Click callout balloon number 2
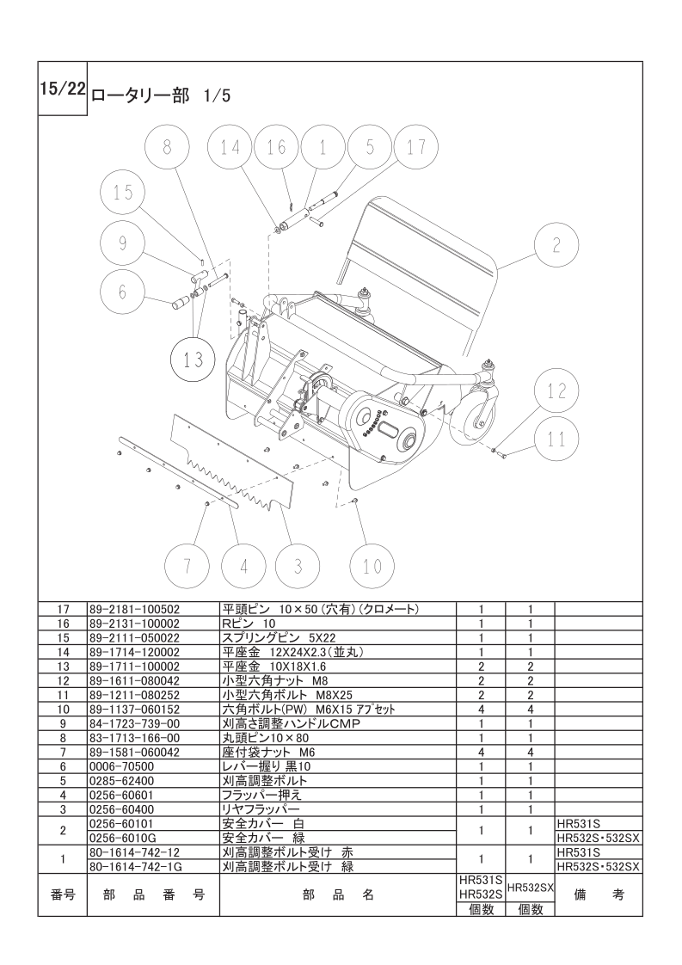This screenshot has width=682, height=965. [556, 245]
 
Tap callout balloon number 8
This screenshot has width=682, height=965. [167, 147]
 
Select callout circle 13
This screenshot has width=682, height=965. [194, 360]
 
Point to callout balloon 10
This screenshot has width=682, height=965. [372, 565]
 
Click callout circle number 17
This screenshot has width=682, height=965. [416, 147]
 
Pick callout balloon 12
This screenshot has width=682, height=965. [557, 391]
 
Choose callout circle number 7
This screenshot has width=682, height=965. [189, 565]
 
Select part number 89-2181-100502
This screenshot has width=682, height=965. [134, 609]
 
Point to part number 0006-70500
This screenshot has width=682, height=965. [121, 765]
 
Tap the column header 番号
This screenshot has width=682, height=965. [63, 894]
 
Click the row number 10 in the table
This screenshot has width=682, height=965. [63, 710]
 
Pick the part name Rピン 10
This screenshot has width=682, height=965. [250, 623]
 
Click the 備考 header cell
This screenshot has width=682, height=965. [599, 894]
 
